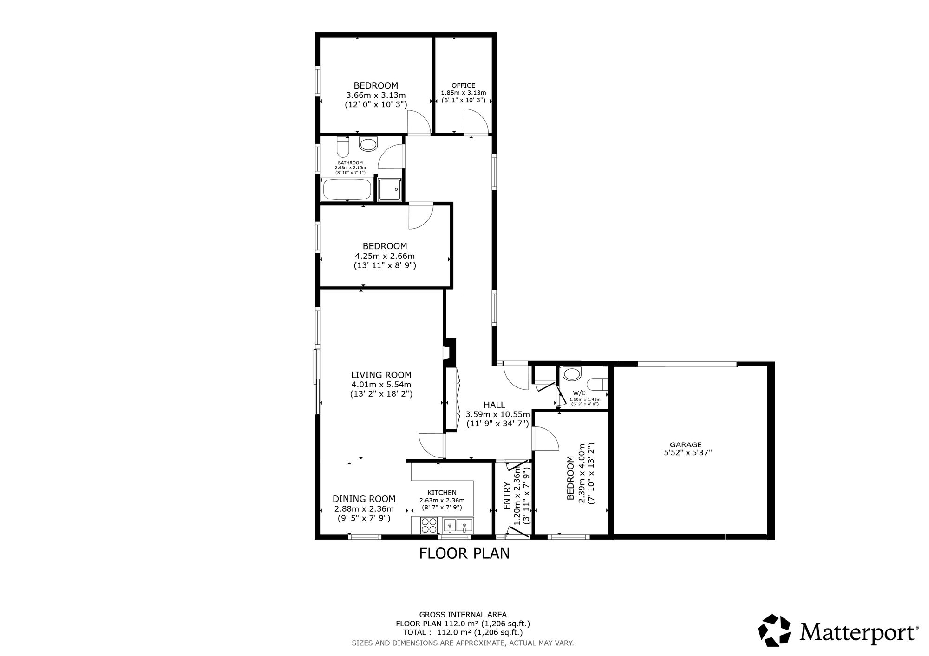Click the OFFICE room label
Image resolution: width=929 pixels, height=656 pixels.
(464, 85)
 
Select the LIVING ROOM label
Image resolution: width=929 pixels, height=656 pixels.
(381, 375)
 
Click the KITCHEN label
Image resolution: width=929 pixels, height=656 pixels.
(442, 493)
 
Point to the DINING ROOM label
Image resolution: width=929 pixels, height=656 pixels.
(364, 499)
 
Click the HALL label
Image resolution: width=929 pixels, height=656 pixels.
(494, 405)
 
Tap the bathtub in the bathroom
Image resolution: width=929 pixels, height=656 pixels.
(347, 189)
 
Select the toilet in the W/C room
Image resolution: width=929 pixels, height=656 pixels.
(597, 385)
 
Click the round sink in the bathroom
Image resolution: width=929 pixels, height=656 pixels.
(368, 144)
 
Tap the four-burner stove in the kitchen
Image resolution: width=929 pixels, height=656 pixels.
(429, 526)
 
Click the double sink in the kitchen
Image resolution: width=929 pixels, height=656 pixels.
(458, 526)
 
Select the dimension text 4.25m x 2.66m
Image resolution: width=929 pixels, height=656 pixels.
(385, 256)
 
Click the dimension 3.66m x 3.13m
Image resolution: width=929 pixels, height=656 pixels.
(376, 95)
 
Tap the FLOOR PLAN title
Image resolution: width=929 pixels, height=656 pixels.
(464, 553)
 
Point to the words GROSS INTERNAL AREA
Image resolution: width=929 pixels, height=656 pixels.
(463, 615)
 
